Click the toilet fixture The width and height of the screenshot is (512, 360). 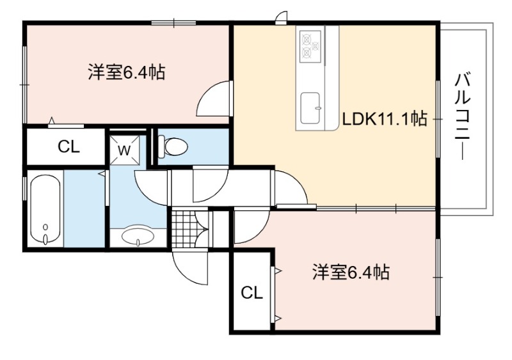pyautogui.click(x=173, y=146)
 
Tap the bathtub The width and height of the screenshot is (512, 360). pyautogui.click(x=45, y=210)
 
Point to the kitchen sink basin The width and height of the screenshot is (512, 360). pyautogui.click(x=310, y=108)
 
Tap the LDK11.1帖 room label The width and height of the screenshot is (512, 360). pyautogui.click(x=385, y=119)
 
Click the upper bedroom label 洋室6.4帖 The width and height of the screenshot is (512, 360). pyautogui.click(x=126, y=72)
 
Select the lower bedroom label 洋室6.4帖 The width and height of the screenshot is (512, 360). pyautogui.click(x=351, y=272)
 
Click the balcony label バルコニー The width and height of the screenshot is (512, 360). pyautogui.click(x=463, y=117)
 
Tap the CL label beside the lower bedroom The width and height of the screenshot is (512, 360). pyautogui.click(x=252, y=293)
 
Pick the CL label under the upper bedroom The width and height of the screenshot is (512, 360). pyautogui.click(x=68, y=147)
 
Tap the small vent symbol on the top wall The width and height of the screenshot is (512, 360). pyautogui.click(x=281, y=18)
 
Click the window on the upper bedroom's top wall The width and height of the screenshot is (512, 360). pyautogui.click(x=173, y=23)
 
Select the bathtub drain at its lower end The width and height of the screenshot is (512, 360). pyautogui.click(x=45, y=239)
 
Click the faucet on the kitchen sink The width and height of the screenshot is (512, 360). pyautogui.click(x=317, y=107)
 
